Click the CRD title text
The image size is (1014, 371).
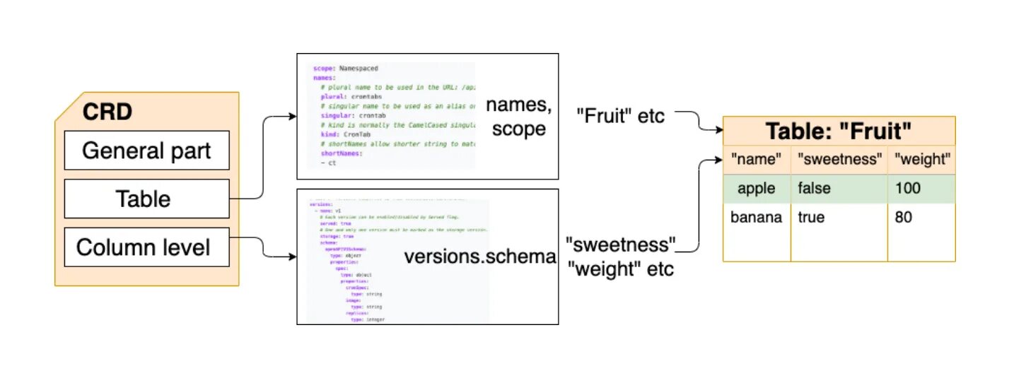tap(107, 111)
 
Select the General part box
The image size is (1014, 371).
tap(146, 151)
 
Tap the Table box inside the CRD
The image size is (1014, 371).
tap(146, 199)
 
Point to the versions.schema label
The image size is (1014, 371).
tap(480, 257)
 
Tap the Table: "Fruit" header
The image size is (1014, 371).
tap(839, 131)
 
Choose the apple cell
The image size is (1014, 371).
tap(756, 189)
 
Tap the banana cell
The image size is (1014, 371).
tap(756, 217)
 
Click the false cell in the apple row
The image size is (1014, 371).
tap(815, 189)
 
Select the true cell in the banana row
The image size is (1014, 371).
tap(811, 217)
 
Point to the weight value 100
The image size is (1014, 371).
tap(908, 189)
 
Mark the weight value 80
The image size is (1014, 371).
tap(904, 217)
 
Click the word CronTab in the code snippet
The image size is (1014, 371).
tap(356, 134)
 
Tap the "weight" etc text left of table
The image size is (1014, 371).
tap(621, 269)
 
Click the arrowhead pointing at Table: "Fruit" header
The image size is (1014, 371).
tap(718, 131)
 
